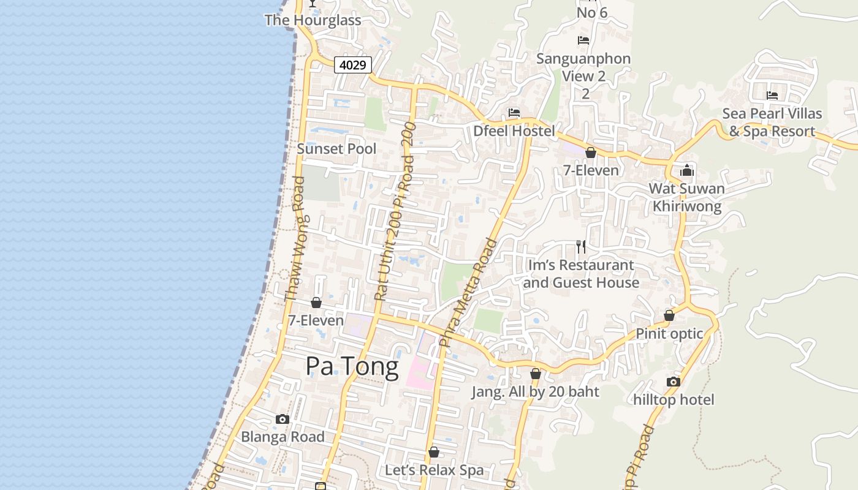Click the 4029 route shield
click(353, 64)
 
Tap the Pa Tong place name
click(352, 366)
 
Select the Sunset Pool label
click(336, 149)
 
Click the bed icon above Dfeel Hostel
click(514, 113)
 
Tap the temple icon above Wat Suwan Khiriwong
click(687, 170)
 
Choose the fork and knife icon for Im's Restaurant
click(581, 247)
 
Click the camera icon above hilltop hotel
click(674, 382)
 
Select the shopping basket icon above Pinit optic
click(669, 316)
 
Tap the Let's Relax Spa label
click(434, 470)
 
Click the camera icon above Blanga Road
click(283, 420)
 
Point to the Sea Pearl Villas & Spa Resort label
click(772, 123)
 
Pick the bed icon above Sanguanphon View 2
click(583, 40)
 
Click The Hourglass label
click(313, 20)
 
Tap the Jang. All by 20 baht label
click(535, 392)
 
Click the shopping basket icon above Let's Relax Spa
click(434, 453)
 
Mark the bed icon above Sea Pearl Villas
click(772, 96)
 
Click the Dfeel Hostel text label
click(514, 131)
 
